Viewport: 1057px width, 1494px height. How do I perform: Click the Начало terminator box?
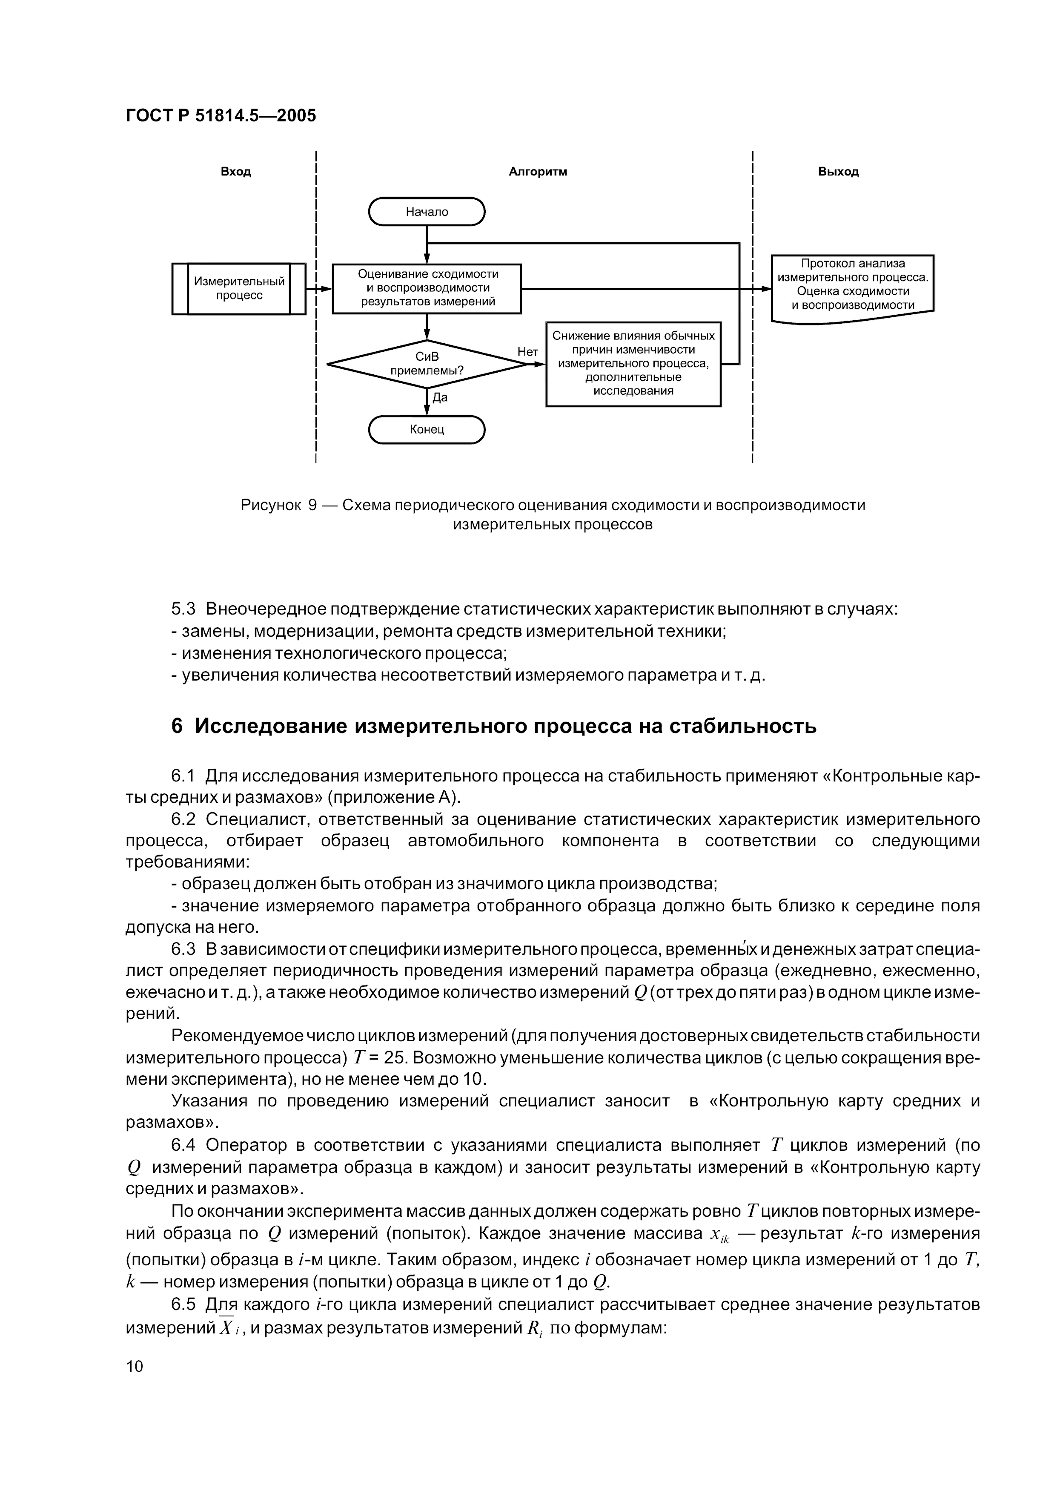tap(427, 212)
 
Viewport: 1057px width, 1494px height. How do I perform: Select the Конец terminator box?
tap(427, 430)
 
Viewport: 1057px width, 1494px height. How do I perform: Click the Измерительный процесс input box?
tap(239, 288)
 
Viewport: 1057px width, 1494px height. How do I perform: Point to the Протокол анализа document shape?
tap(853, 287)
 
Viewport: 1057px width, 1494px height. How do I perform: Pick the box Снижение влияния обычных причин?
tap(633, 363)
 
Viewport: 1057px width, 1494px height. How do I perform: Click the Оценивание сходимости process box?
tap(427, 288)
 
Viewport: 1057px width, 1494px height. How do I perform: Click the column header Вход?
tap(235, 172)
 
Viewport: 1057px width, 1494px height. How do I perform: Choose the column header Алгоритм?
tap(538, 172)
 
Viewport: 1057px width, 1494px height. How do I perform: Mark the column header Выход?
tap(838, 172)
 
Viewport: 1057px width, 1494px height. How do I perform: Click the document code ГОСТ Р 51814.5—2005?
tap(221, 115)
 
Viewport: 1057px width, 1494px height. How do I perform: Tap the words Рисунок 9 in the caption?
tap(278, 505)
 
